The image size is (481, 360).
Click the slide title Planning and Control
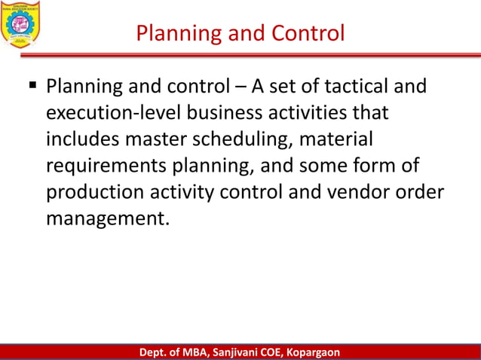[240, 33]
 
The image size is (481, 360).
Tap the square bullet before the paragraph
[33, 87]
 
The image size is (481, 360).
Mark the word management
[103, 218]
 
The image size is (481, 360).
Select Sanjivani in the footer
[240, 352]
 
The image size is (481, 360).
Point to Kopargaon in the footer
[309, 352]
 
